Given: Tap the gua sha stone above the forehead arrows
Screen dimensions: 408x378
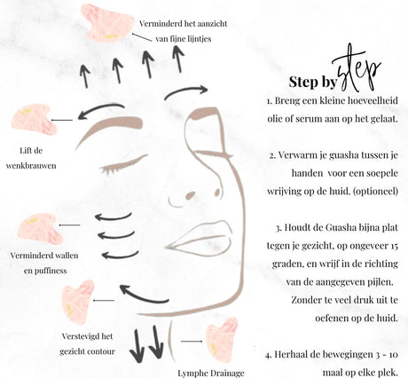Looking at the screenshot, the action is coord(105,22).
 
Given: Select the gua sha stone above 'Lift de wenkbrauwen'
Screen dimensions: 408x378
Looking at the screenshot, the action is coord(33,119).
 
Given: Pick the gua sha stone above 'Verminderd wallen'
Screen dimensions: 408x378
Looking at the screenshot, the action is coord(40,228).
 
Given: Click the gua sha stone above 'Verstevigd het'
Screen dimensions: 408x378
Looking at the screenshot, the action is coord(77,302).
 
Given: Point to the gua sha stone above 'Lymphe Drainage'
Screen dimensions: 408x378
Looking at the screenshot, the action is coord(222,340).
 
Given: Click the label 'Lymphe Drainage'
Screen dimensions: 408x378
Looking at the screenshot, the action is coord(211,374).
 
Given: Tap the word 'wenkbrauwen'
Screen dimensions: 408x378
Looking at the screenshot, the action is coord(31,165).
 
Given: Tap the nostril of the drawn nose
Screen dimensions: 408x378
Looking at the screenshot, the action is coord(191,195).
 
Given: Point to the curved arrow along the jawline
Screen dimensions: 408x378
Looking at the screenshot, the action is coord(141,297).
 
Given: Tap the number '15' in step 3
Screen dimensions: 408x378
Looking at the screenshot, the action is coord(394,246).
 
